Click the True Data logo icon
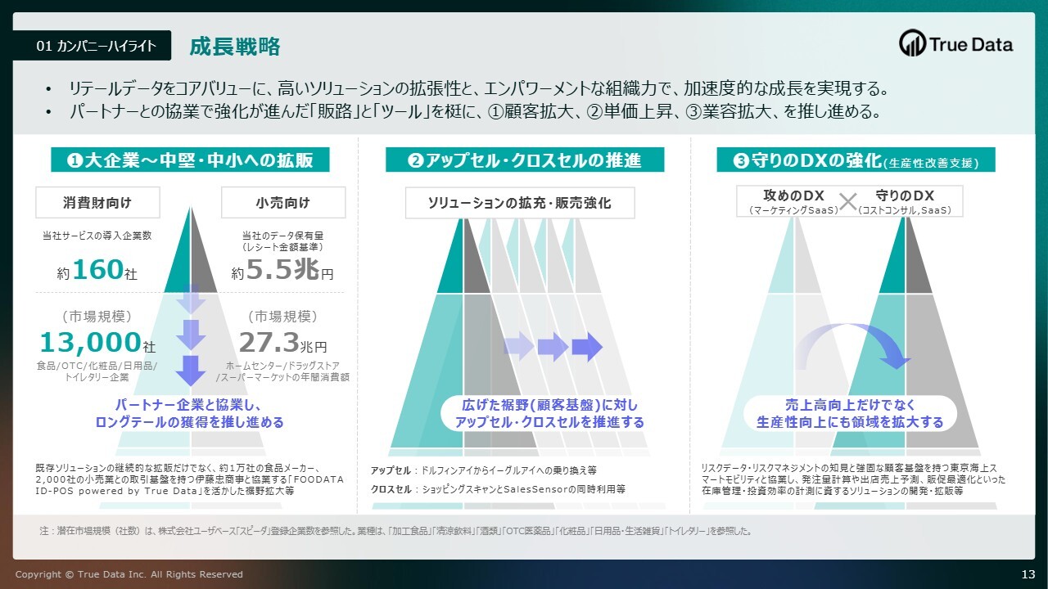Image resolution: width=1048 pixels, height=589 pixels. coord(912,43)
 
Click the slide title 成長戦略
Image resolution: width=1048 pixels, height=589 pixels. coord(235,47)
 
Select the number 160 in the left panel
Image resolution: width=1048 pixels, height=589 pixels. coord(97,269)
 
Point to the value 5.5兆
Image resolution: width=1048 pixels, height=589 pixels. coord(282,269)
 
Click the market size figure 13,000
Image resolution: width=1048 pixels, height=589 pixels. coord(91,342)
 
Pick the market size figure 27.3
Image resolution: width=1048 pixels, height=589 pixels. coord(269,342)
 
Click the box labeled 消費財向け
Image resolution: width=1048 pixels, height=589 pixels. coord(97,202)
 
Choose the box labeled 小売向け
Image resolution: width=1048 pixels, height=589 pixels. coord(283,202)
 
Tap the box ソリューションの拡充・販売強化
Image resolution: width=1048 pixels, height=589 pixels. coord(520,203)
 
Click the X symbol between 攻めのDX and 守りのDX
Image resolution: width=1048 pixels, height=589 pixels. coord(847,202)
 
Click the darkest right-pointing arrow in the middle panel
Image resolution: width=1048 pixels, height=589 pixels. coord(587,348)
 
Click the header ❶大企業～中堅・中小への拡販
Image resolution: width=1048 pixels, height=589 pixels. coord(190,160)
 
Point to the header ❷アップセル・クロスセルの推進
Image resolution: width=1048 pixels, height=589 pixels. coord(525,160)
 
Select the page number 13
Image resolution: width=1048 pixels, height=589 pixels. coord(1028,574)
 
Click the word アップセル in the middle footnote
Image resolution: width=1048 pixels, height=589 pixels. coord(391,470)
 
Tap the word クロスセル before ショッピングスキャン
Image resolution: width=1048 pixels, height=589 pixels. coord(391,489)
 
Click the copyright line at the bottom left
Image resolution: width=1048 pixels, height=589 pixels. coord(129,574)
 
